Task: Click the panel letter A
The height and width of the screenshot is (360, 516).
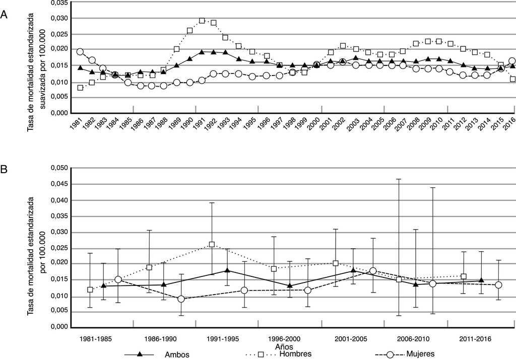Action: click(4, 16)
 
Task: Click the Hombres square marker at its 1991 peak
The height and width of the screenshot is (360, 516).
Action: click(202, 21)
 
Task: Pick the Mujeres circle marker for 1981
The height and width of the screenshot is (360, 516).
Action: click(80, 52)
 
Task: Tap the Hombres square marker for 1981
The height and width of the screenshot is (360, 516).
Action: click(81, 88)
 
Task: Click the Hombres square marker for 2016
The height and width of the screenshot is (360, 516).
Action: click(512, 79)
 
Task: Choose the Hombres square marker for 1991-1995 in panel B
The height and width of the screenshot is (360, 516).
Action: click(212, 245)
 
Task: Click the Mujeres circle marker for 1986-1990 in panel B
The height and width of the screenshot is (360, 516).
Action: click(181, 299)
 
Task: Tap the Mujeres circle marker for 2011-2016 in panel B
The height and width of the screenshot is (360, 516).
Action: click(498, 285)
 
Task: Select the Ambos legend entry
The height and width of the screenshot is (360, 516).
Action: click(176, 354)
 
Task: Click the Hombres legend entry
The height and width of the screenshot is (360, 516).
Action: click(295, 354)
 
